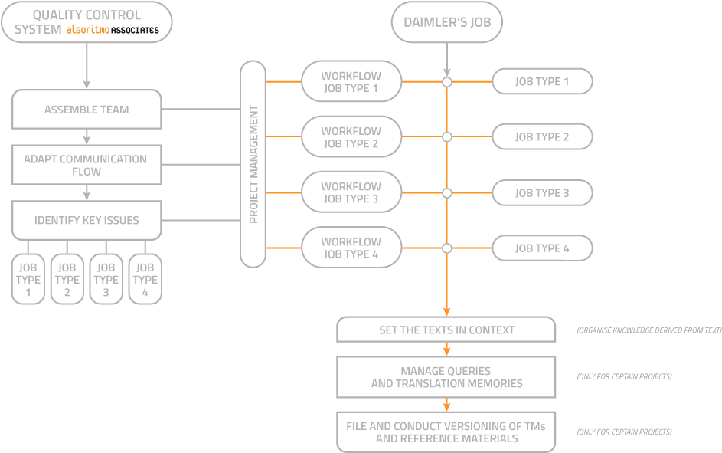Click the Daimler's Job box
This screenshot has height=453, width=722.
(x=447, y=21)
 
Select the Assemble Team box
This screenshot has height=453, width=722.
(x=87, y=110)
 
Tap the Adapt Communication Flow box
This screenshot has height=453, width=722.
(x=87, y=165)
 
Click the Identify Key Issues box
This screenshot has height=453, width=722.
(x=87, y=220)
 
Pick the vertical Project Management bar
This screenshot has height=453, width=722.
(x=253, y=165)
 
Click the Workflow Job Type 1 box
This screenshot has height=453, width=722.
(x=351, y=81)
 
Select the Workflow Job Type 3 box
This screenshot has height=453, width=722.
(x=351, y=192)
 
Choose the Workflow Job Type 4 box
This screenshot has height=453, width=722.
(x=351, y=248)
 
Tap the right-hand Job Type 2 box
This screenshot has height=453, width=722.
(x=542, y=137)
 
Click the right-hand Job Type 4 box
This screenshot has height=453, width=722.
(x=542, y=248)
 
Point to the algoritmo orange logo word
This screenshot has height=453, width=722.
(x=87, y=31)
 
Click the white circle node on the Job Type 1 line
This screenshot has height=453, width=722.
(x=447, y=81)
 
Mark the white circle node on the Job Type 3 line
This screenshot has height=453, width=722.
(x=447, y=192)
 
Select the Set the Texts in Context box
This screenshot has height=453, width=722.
(x=446, y=330)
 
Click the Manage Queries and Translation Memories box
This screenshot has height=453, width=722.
(x=446, y=377)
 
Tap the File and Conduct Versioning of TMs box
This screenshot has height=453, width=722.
(x=446, y=432)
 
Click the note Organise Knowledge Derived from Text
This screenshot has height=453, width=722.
(x=648, y=331)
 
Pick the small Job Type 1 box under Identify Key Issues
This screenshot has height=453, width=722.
(x=28, y=280)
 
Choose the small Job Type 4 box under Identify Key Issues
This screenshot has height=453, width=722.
(x=145, y=280)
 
